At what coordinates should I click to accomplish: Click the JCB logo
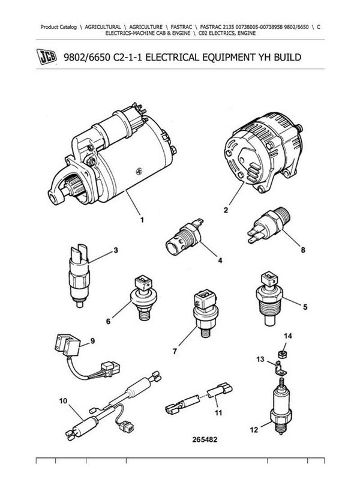click(47, 56)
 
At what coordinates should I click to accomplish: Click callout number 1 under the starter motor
click(142, 220)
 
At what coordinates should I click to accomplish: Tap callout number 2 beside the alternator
click(226, 210)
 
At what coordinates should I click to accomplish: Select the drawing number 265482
click(205, 439)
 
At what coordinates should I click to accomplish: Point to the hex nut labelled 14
click(282, 354)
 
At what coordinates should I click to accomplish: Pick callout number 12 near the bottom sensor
click(254, 430)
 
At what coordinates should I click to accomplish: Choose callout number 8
click(303, 250)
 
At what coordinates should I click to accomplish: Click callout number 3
click(116, 250)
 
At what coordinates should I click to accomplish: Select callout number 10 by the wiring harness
click(63, 401)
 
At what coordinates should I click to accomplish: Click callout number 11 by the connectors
click(218, 413)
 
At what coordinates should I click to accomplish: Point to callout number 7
click(175, 351)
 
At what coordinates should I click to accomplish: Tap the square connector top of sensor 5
click(269, 279)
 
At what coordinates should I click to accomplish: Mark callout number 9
click(92, 341)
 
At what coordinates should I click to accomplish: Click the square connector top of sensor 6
click(143, 282)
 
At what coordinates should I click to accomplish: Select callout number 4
click(220, 261)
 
